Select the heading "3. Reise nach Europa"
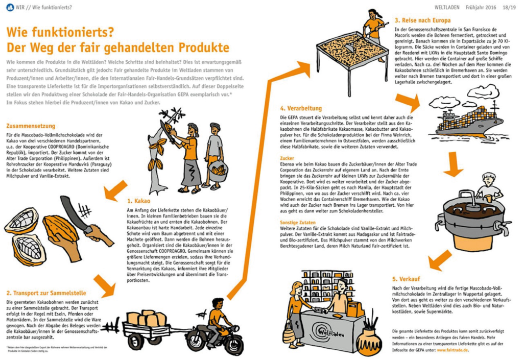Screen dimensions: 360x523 coord(422,20)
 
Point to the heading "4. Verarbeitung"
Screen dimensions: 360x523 coord(301,108)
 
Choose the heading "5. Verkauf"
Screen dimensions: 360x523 coord(406,279)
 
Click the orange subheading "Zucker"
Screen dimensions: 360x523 coord(288,158)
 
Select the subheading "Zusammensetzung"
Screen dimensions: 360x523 coord(31,125)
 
